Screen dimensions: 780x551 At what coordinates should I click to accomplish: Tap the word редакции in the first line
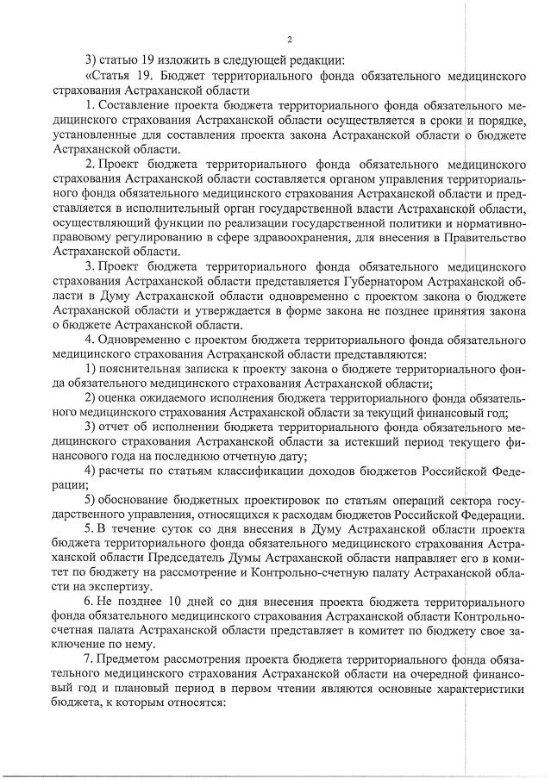pyautogui.click(x=317, y=61)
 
